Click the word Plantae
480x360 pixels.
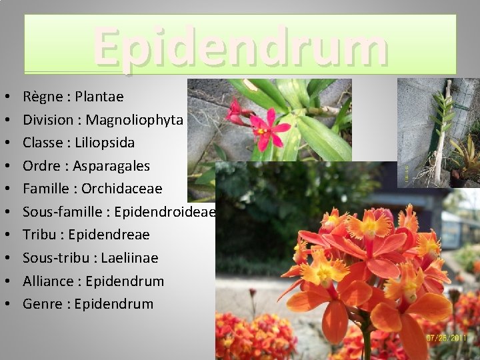[99, 97]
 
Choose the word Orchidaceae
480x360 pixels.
[122, 189]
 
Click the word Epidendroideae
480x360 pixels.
[165, 212]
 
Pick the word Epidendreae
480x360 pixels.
[109, 235]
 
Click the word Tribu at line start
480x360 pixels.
[39, 235]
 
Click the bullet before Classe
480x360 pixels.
[6, 143]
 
